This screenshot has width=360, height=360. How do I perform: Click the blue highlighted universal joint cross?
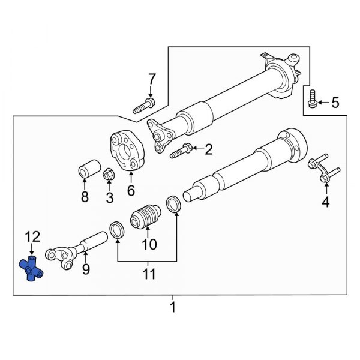pos(34,268)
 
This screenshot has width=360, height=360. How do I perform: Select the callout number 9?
pos(86,269)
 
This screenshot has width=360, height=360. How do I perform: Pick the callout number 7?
pos(151,79)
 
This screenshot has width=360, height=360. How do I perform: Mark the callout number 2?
pos(208,149)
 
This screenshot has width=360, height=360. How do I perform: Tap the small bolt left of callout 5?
pos(312,100)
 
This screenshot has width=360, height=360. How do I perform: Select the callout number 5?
pos(335,103)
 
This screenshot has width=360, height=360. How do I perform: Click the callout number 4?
pos(326,203)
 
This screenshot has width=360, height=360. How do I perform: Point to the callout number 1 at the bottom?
pos(173,309)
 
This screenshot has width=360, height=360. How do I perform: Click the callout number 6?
pos(130,191)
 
